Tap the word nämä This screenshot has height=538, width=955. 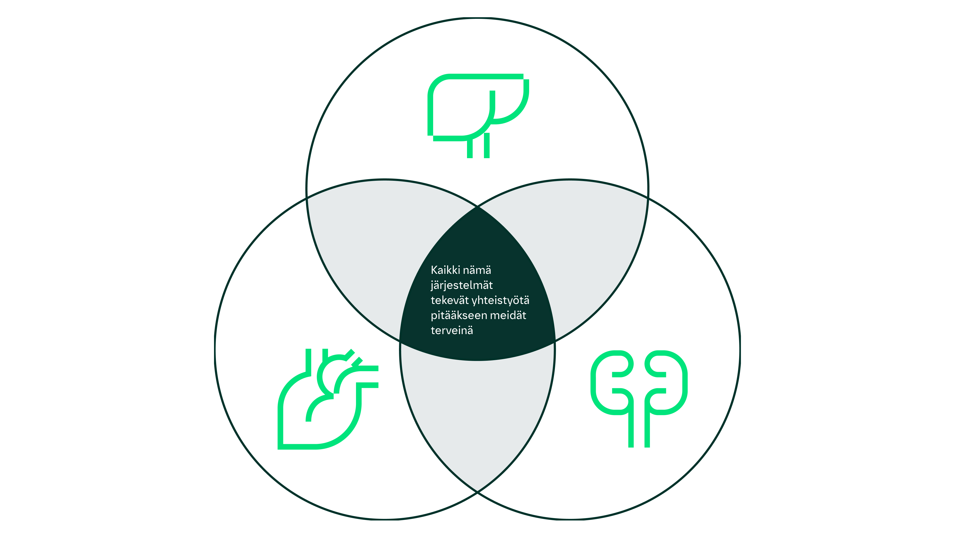[x=477, y=270]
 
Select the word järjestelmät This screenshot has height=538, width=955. [x=462, y=286]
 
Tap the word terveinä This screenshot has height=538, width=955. [x=452, y=331]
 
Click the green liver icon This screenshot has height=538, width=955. [x=478, y=116]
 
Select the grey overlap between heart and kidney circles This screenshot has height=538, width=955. [x=477, y=416]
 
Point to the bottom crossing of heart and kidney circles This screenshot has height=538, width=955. [x=477, y=492]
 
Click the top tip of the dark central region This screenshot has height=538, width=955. [x=477, y=207]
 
